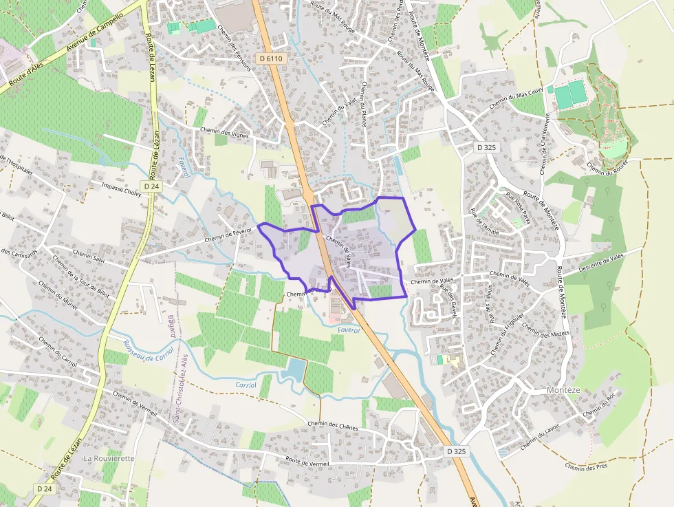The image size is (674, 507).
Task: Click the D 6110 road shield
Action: click(271, 59)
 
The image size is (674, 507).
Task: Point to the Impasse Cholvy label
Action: click(121, 190)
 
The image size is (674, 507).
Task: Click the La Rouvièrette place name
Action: click(109, 457)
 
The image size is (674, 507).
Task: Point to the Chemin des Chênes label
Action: click(333, 424)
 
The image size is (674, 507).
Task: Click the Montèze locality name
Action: click(563, 390)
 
